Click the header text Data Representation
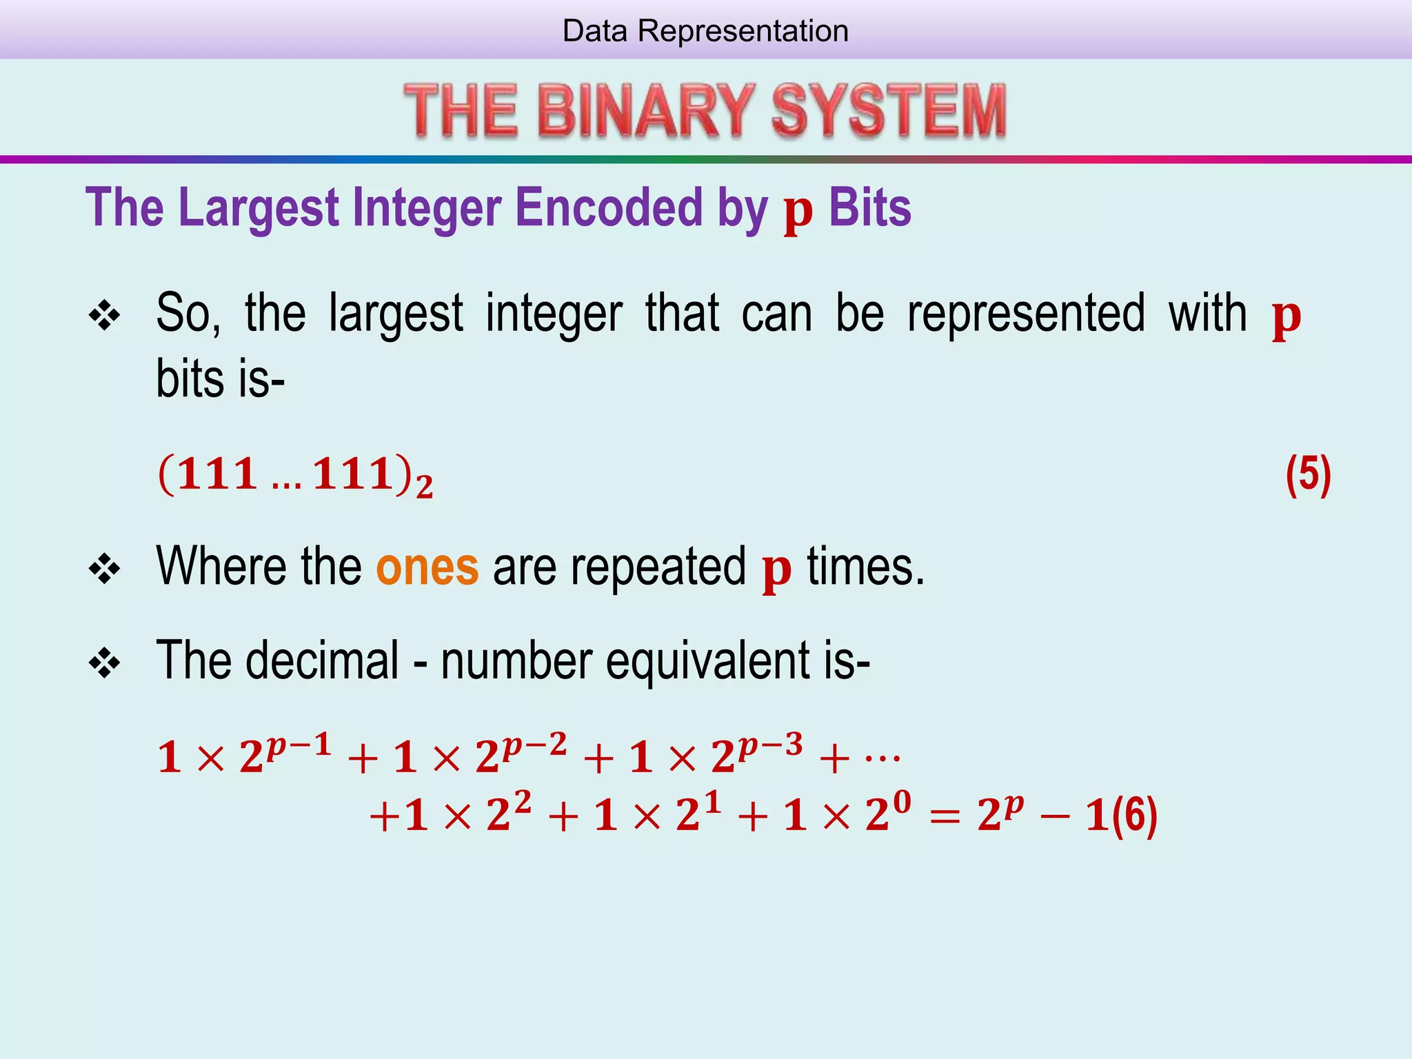tap(705, 31)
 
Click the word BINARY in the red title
tap(645, 111)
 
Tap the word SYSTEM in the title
tap(889, 111)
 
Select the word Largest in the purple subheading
tap(259, 208)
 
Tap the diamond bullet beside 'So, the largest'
tap(105, 316)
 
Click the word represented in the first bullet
tap(1026, 314)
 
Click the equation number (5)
tap(1308, 475)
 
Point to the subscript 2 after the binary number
tap(425, 487)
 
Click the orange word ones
tap(427, 567)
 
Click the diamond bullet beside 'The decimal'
tap(105, 663)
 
